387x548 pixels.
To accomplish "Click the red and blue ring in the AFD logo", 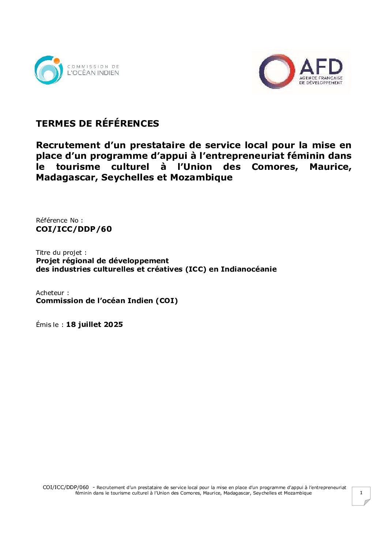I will [x=277, y=71].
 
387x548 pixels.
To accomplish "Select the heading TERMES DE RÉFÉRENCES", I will [x=97, y=123].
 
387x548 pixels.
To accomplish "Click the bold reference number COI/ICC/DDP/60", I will [x=74, y=229].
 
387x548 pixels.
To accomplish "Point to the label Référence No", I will [x=59, y=220].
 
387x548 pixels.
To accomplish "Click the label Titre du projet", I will [x=61, y=253].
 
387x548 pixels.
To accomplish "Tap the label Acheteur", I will [x=52, y=293].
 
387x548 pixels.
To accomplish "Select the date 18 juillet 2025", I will [x=94, y=325].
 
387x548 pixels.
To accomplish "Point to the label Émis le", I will [x=50, y=325].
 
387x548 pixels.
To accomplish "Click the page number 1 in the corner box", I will [x=361, y=493].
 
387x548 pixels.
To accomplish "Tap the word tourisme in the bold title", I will [x=78, y=167].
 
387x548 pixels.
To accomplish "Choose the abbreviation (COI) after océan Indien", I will [x=166, y=301].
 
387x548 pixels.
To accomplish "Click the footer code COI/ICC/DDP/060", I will [x=65, y=487].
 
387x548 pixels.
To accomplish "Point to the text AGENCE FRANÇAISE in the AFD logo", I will [x=321, y=78].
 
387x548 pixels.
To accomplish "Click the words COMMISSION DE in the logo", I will [x=93, y=67].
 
